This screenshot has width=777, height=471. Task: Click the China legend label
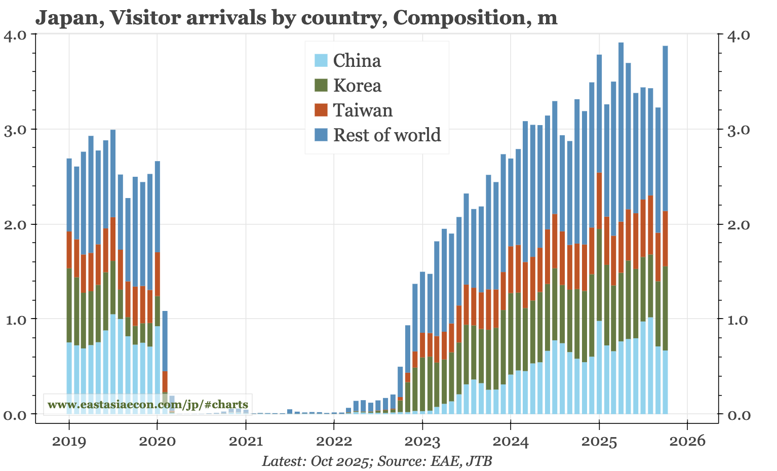357,61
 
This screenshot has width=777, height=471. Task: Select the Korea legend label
357,85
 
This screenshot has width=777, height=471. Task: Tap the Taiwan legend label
363,110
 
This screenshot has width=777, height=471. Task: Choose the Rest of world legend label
387,135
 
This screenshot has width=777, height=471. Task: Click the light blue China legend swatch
321,61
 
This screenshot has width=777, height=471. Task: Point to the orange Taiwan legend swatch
321,110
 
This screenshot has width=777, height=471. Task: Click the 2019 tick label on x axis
69,442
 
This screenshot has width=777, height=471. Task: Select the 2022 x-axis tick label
334,442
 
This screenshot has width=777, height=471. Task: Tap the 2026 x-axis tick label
687,442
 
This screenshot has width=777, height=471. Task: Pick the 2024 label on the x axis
511,442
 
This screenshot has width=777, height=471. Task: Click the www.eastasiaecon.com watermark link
147,405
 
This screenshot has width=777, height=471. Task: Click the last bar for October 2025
665,228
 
